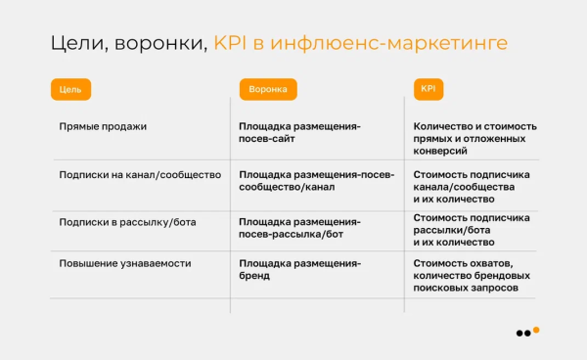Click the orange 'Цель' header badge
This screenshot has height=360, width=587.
point(70,89)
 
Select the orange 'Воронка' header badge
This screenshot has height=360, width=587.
point(268,89)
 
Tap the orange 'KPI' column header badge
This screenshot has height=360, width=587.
point(429,88)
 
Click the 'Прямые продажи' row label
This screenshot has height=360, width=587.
point(103,126)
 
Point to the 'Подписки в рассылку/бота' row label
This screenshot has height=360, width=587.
point(127,222)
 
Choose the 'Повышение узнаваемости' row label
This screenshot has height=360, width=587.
point(124,264)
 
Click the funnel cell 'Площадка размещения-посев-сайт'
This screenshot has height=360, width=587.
point(299,133)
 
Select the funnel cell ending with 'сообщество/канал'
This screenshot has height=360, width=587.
point(316,180)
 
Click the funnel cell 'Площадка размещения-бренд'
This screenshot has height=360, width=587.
point(299,270)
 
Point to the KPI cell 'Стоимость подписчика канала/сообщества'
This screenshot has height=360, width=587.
point(472,186)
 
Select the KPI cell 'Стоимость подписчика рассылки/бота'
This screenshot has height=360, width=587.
point(472,229)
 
